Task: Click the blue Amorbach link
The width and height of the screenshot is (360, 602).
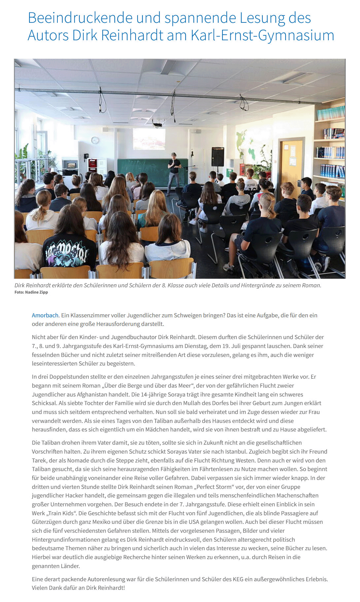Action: click(x=45, y=315)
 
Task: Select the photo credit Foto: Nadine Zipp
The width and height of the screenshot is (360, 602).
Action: click(x=31, y=292)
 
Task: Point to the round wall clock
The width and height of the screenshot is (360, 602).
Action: click(x=95, y=140)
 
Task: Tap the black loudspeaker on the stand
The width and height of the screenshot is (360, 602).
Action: click(x=218, y=157)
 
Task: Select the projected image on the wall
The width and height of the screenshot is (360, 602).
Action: click(x=149, y=139)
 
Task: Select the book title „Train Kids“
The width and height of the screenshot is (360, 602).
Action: click(x=62, y=513)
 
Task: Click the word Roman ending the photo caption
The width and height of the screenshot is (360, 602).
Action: click(x=312, y=285)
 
